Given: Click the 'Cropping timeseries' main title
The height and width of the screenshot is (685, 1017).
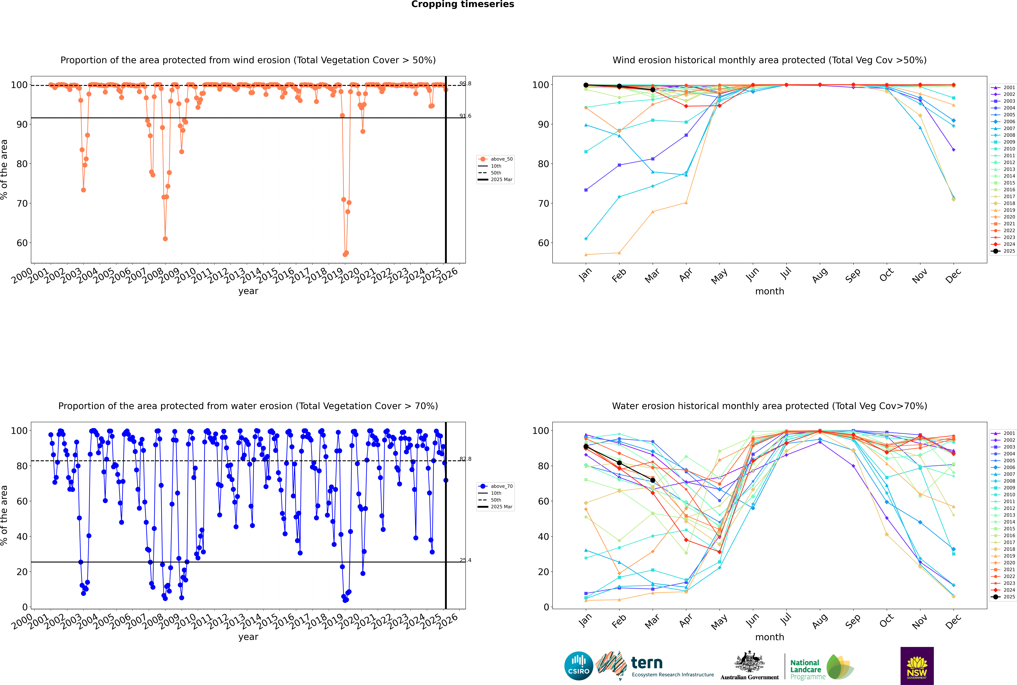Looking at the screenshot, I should (463, 4).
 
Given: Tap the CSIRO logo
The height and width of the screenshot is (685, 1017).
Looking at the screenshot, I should (578, 666).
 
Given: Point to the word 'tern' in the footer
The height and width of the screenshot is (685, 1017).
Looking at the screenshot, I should (647, 663).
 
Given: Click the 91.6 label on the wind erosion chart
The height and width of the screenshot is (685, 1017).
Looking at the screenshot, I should (465, 116).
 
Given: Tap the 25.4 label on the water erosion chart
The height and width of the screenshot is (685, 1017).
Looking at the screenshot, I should (465, 560).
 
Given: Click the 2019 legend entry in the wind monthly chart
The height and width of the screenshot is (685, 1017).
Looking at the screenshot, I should (1009, 210).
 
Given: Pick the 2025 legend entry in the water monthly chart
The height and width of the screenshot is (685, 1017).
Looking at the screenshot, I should (1009, 597).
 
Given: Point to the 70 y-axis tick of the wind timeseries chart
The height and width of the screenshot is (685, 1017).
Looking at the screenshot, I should (22, 204).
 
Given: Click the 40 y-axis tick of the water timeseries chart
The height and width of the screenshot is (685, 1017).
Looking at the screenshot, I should (22, 536).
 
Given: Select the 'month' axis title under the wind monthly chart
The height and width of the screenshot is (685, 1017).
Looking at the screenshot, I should (770, 291).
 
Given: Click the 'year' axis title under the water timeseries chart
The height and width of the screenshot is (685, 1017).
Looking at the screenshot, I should (248, 637).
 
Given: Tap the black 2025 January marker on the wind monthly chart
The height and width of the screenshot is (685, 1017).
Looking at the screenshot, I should (586, 85).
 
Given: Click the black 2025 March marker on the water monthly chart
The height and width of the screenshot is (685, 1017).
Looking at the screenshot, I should (653, 480).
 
